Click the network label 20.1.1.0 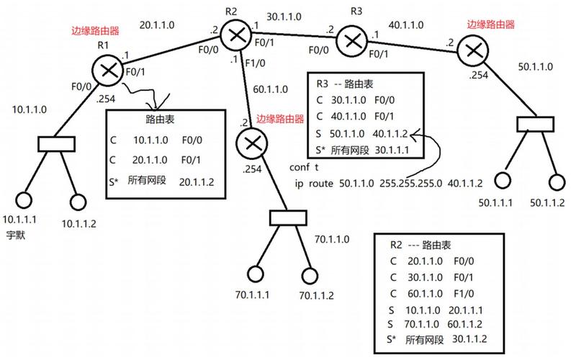158,24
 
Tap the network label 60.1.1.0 270,90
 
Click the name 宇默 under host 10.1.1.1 16,235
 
